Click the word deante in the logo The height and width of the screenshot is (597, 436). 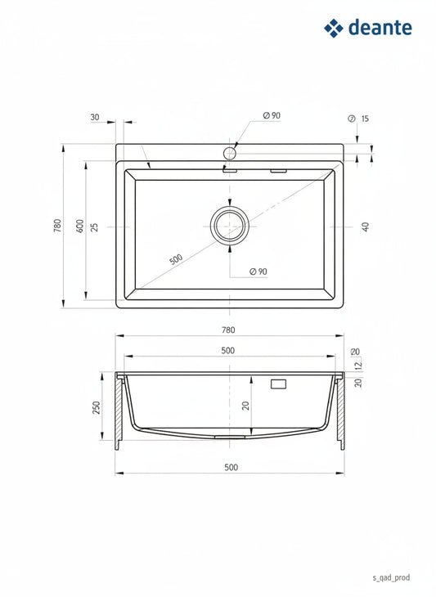click(x=380, y=28)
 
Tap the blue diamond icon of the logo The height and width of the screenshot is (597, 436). click(x=334, y=28)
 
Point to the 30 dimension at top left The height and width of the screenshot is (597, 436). click(x=95, y=117)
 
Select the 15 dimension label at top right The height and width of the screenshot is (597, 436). click(x=365, y=119)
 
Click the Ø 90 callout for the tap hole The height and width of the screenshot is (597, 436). click(x=272, y=115)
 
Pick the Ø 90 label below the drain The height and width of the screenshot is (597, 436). click(x=258, y=272)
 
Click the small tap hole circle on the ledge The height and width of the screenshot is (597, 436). click(x=230, y=154)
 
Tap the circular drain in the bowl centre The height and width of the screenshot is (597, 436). click(x=230, y=226)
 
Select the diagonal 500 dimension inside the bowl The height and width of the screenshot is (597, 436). click(x=176, y=260)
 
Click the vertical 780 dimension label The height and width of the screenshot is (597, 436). click(x=57, y=226)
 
